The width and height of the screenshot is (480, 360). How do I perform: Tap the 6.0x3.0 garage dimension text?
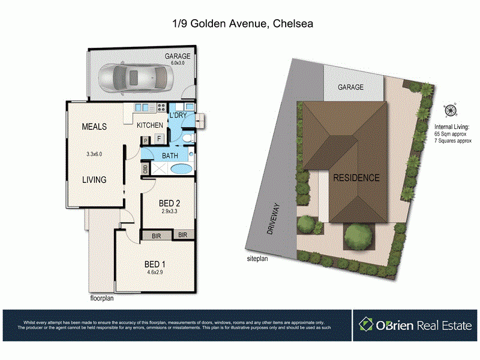178,63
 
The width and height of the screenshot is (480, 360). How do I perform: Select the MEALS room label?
94,127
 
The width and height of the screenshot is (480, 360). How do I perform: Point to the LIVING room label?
94,179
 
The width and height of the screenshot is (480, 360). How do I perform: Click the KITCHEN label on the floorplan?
150,125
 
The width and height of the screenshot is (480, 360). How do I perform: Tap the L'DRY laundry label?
179,115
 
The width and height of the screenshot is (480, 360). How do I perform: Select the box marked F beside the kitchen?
159,139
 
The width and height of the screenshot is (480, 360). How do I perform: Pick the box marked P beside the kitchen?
146,140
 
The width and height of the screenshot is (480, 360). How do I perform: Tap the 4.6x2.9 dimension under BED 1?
154,272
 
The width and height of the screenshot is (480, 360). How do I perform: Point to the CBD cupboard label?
146,169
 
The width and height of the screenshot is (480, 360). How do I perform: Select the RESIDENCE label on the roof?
356,178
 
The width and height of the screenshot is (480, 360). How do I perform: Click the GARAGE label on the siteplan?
350,87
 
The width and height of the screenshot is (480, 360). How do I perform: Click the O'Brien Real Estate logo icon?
366,325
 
